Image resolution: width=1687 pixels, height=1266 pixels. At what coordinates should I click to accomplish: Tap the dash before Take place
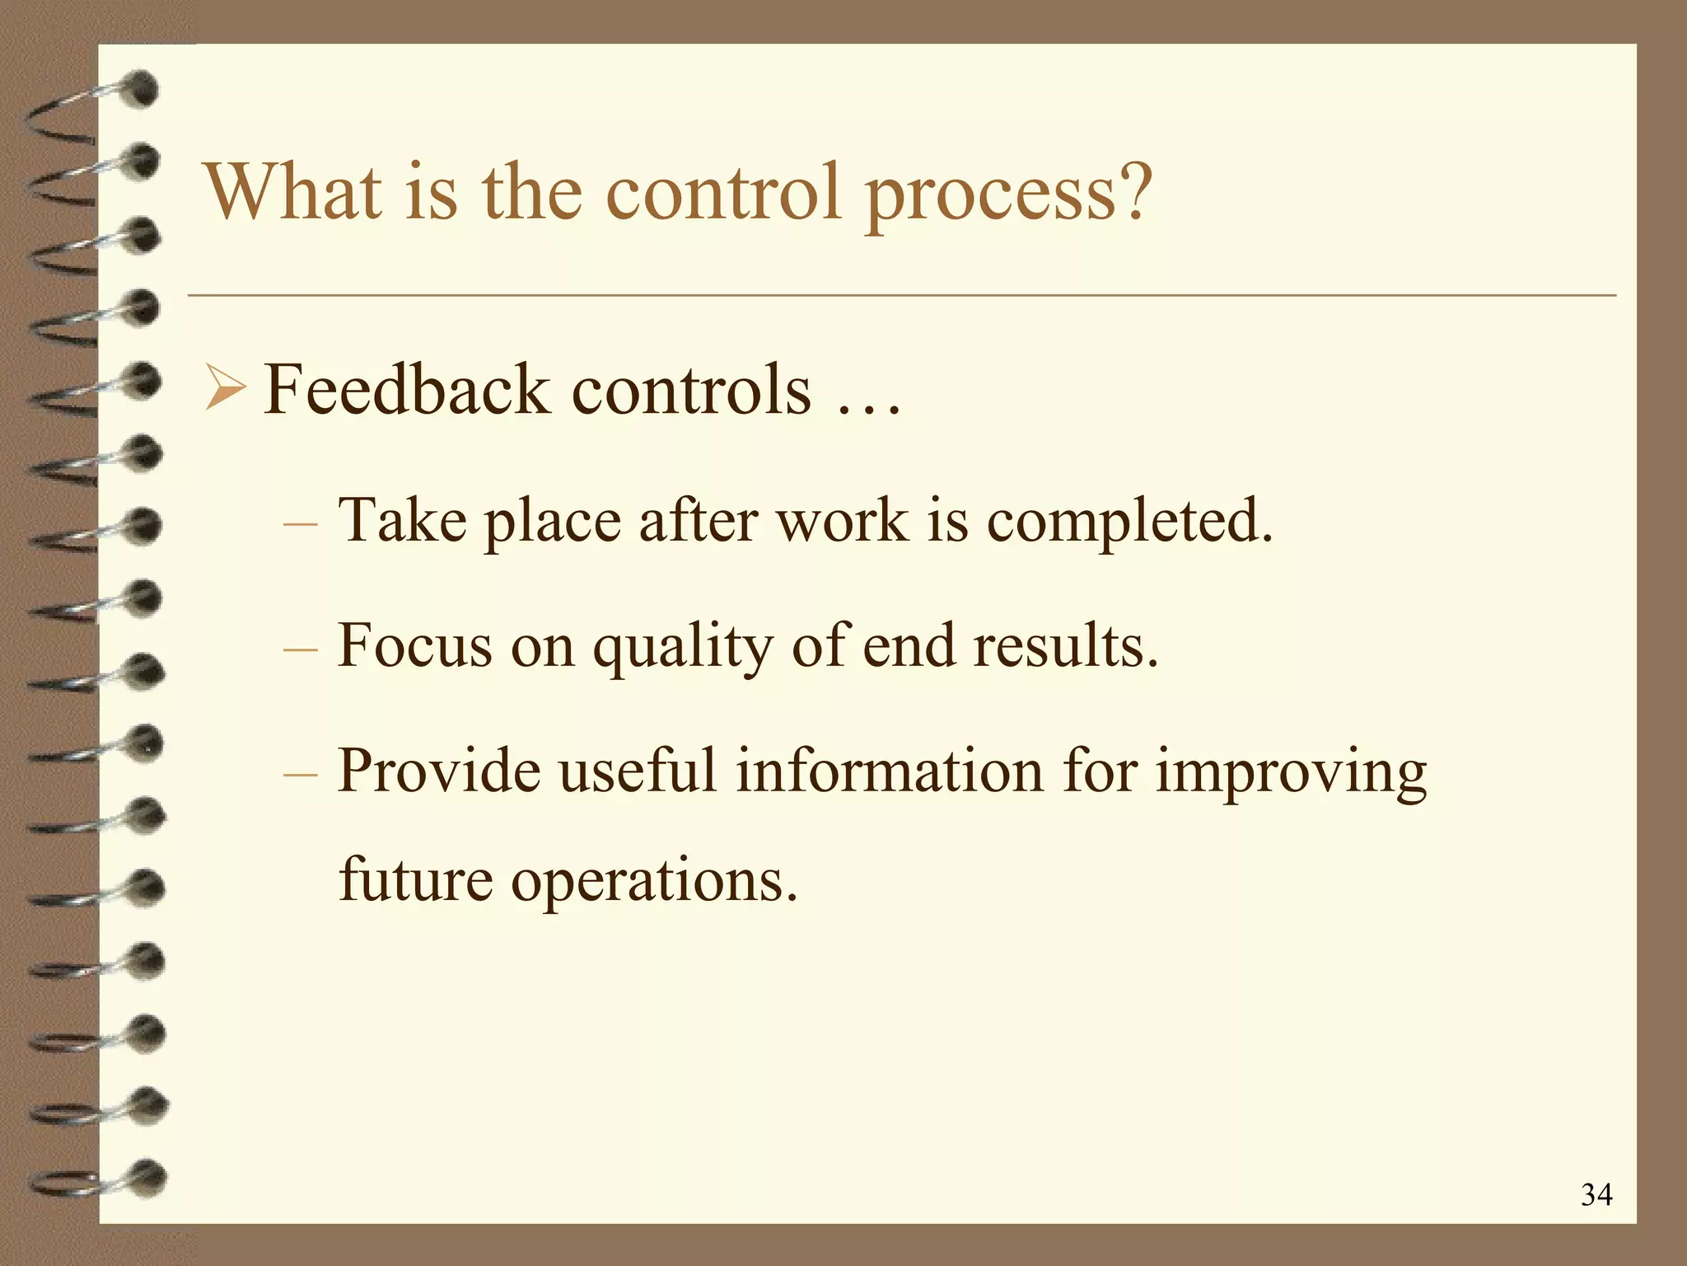coord(299,524)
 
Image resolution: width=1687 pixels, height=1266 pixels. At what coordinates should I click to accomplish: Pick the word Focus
coord(414,645)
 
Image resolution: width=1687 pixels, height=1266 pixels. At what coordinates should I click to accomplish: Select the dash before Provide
coord(299,775)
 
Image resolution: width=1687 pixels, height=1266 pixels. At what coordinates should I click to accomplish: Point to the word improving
coord(1291,773)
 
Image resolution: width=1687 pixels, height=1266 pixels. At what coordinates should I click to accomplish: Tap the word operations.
coord(654,880)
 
